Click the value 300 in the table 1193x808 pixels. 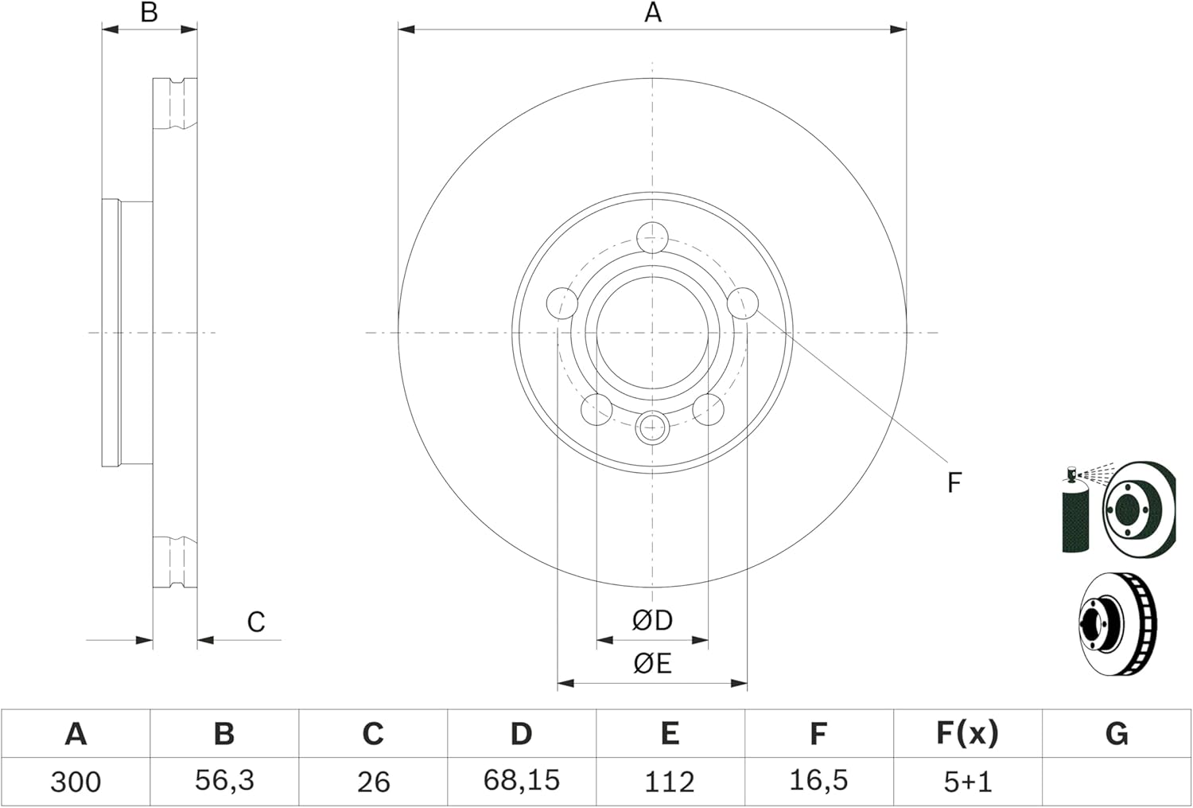click(75, 782)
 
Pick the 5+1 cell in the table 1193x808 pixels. click(968, 782)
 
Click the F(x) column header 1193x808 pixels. click(967, 733)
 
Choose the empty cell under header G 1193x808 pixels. click(1117, 782)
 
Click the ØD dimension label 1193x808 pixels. click(652, 620)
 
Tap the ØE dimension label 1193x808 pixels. click(652, 664)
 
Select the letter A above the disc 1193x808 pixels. click(653, 12)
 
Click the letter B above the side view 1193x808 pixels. click(150, 12)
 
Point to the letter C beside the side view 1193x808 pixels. click(255, 622)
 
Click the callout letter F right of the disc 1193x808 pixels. click(954, 482)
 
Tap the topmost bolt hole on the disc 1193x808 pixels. click(652, 238)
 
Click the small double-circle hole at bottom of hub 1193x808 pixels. click(652, 427)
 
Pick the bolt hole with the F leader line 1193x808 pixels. click(743, 303)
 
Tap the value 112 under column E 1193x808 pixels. click(670, 782)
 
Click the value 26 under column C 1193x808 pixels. click(373, 782)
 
